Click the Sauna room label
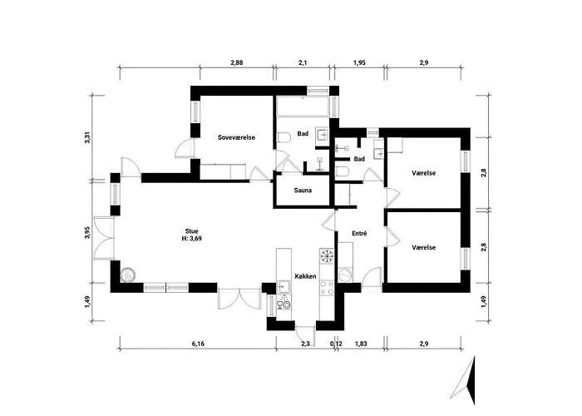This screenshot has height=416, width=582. click(303, 191)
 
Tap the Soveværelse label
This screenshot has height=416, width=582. click(236, 137)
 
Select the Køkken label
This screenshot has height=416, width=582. click(305, 276)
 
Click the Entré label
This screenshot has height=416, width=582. click(359, 234)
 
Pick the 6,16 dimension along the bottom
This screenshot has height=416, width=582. click(198, 344)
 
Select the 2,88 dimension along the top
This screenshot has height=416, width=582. click(236, 62)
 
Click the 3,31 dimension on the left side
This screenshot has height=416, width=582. click(87, 138)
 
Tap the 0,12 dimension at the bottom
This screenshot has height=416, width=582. click(336, 344)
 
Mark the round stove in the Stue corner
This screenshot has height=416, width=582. click(128, 275)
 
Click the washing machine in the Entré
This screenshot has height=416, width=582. click(346, 275)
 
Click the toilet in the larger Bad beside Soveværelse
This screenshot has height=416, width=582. click(284, 137)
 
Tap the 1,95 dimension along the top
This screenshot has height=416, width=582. click(359, 62)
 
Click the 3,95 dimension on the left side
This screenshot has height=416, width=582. click(87, 232)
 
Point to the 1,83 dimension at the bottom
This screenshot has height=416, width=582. click(361, 344)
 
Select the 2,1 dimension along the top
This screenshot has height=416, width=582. click(303, 62)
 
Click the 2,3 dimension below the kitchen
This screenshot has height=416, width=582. click(305, 344)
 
